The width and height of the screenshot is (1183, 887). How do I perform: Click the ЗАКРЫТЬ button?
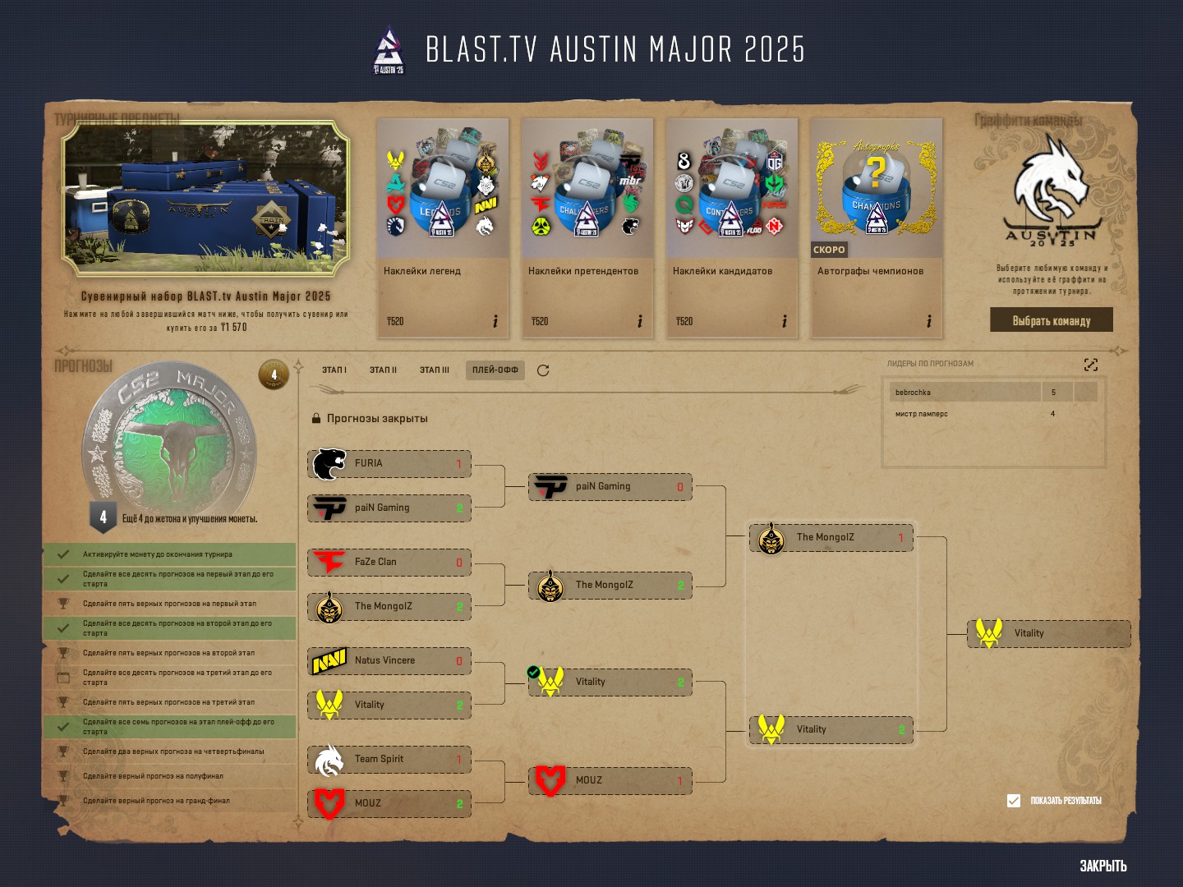(1102, 866)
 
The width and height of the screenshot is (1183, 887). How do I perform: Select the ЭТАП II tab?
(383, 370)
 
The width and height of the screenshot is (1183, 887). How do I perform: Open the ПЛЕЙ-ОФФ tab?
(495, 370)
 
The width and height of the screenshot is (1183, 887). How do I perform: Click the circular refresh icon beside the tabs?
(543, 370)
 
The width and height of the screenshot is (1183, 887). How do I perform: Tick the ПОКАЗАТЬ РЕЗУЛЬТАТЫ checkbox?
(1014, 801)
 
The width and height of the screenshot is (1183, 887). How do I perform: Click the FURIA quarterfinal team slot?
(389, 464)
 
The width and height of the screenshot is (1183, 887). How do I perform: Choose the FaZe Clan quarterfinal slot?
(389, 563)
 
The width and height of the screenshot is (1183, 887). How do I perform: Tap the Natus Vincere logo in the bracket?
(329, 661)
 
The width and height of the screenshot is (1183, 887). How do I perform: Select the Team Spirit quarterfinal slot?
(389, 760)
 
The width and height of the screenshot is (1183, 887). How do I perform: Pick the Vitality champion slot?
(1049, 633)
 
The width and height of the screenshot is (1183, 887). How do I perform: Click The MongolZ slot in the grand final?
(831, 538)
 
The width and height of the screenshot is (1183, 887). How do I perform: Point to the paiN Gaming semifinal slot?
(610, 487)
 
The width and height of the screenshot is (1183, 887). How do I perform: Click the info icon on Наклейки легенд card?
(495, 321)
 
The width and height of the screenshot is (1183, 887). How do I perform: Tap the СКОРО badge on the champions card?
(828, 250)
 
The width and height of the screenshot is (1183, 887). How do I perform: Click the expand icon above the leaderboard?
(1091, 365)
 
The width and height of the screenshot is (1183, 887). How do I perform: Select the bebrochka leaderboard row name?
(914, 393)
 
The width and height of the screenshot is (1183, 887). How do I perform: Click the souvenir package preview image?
(205, 198)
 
